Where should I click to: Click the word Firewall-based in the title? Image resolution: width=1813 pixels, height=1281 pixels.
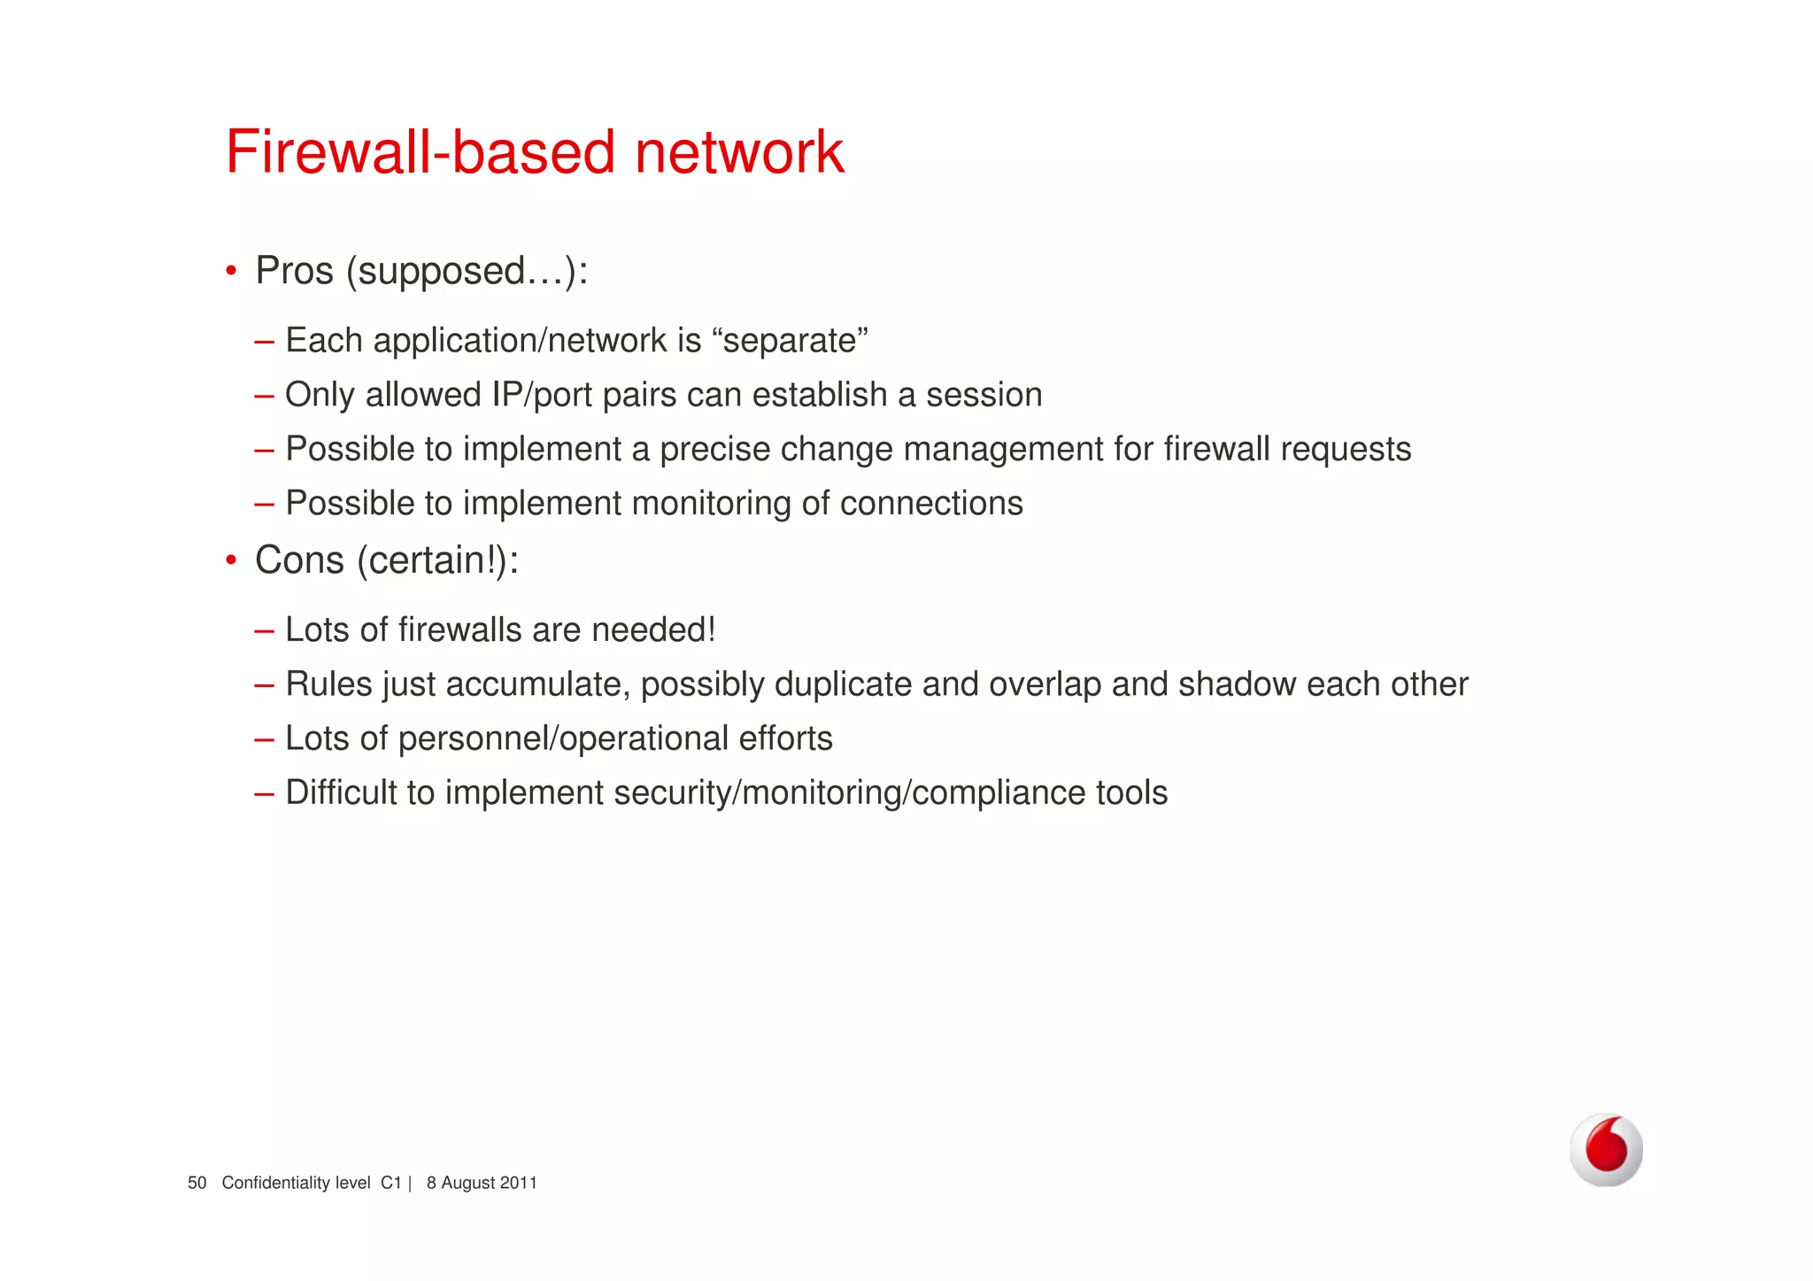420,151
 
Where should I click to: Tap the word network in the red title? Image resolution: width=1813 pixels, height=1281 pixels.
739,151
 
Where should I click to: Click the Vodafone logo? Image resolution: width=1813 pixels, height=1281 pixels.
1606,1149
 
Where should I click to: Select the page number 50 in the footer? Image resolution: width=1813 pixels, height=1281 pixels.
197,1183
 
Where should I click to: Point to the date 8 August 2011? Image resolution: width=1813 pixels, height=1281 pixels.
482,1183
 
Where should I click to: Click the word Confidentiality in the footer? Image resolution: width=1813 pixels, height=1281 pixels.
274,1183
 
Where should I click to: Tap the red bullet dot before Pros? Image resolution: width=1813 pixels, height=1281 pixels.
231,270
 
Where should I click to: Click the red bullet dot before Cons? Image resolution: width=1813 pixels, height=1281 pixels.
231,559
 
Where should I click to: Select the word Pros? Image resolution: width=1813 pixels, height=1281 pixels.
294,270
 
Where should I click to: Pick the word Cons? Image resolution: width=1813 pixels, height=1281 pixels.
299,559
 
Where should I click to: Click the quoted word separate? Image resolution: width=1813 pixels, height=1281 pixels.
790,340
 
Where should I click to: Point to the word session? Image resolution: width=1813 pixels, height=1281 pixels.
984,395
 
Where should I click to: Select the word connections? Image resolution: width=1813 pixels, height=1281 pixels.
931,503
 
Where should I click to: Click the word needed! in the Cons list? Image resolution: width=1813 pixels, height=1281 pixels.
652,629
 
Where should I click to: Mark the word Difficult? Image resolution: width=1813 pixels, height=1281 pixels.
341,792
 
